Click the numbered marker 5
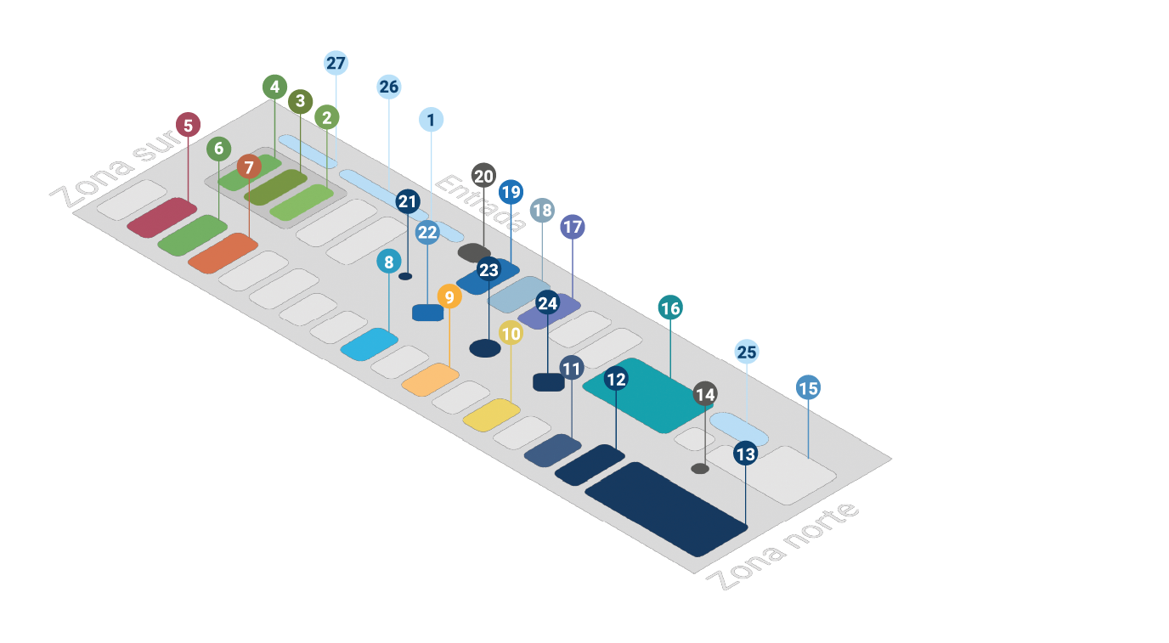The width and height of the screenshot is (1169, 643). [x=188, y=126]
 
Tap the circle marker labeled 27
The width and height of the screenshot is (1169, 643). [x=336, y=64]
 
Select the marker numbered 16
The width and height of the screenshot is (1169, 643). [x=670, y=308]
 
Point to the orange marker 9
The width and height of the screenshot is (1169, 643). [x=449, y=297]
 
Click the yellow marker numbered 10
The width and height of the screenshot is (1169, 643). [x=511, y=334]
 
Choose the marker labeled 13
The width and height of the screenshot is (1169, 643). [x=745, y=454]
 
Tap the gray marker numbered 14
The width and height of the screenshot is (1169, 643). [x=704, y=394]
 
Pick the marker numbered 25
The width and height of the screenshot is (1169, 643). [x=746, y=352]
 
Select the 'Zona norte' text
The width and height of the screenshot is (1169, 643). [x=782, y=547]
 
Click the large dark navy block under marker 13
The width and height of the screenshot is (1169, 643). [x=666, y=509]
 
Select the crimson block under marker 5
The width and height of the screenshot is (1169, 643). [x=162, y=217]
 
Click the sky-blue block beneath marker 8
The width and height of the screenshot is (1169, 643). [x=370, y=345]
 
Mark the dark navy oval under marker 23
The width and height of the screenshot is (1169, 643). [x=485, y=348]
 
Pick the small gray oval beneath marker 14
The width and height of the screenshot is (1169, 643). [x=700, y=469]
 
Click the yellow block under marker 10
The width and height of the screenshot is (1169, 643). [x=492, y=414]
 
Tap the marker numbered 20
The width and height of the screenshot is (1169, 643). [x=483, y=177]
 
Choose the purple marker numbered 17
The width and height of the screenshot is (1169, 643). [x=573, y=228]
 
